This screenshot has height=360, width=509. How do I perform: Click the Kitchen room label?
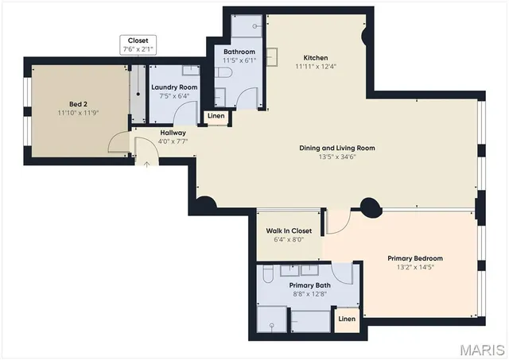315,58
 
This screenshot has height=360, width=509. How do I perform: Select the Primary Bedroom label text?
414,258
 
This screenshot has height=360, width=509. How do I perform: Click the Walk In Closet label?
288,230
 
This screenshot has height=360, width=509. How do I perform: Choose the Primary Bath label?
309,285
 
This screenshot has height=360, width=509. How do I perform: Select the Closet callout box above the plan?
138,45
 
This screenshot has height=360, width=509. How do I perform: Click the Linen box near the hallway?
216,116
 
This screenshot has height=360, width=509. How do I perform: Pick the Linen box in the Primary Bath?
346,319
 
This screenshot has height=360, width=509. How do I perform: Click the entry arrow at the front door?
146,164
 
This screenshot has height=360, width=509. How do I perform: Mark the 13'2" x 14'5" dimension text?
414,268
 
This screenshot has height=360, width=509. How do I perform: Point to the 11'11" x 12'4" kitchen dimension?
315,68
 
